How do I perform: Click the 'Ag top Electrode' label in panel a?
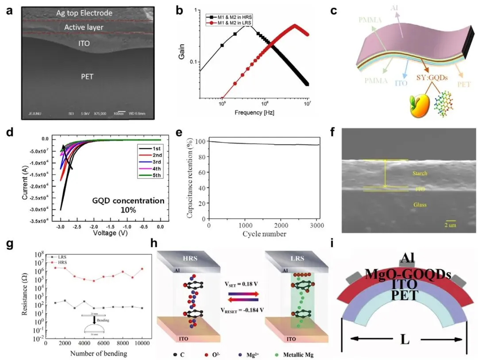tap(84, 13)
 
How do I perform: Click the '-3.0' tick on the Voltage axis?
tap(61, 226)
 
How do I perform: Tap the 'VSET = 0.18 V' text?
tap(242, 283)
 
